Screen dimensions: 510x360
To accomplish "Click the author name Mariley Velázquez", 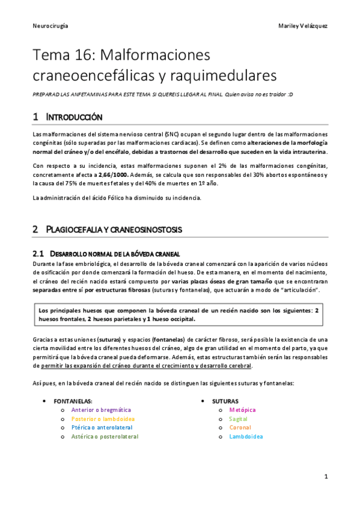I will point(303,26).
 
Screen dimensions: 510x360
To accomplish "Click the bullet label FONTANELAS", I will point(73,401).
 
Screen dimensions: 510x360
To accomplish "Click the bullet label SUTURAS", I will point(225,401).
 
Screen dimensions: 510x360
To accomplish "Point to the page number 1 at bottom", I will point(325,477).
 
